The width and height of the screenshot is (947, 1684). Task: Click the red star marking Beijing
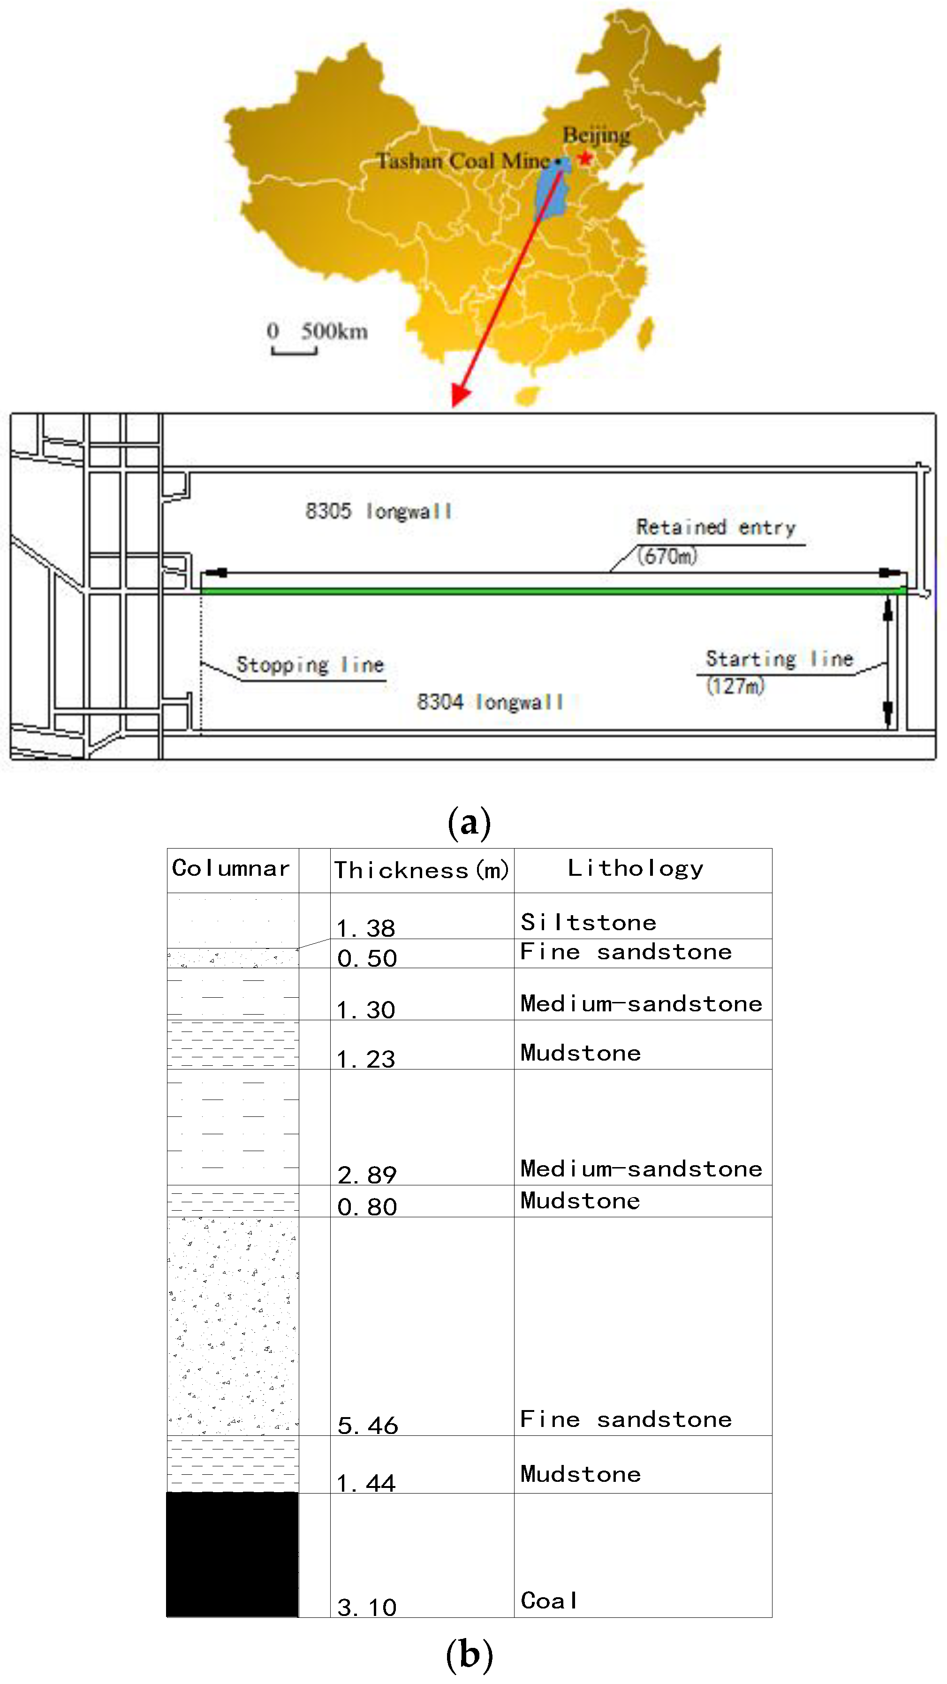point(585,158)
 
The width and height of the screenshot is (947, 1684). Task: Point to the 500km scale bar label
point(334,332)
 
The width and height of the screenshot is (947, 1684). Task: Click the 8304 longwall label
point(490,702)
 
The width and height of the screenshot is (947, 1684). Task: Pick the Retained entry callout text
point(716,527)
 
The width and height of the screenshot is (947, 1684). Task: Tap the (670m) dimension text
point(667,556)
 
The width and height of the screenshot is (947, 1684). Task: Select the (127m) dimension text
point(735,686)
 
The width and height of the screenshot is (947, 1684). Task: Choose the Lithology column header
point(635,868)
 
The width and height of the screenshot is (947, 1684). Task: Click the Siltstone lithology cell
point(588,922)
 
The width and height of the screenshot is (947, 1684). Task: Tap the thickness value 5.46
point(367,1425)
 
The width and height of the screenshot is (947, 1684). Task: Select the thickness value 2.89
point(367,1175)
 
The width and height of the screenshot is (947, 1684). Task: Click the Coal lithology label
point(549,1601)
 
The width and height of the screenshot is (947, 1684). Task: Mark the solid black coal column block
point(232,1554)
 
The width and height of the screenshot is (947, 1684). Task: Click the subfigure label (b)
point(469,1654)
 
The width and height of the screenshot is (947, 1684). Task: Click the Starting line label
point(779,658)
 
